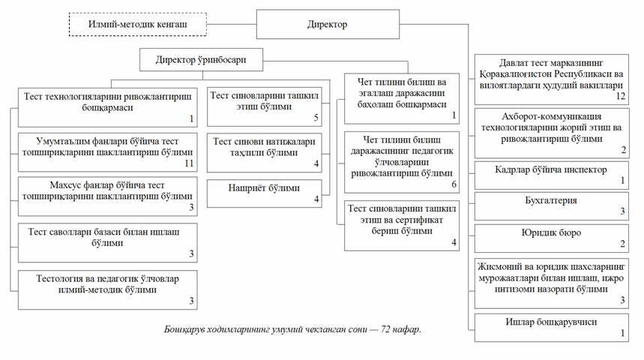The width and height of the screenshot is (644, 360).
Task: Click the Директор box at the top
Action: pos(328,24)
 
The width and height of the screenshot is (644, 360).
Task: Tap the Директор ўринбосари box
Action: pos(200,59)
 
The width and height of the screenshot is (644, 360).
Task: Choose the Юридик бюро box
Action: pos(550,238)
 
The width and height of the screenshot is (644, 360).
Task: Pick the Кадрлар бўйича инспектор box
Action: pos(550,174)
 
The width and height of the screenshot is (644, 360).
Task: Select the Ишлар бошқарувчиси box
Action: pos(550,326)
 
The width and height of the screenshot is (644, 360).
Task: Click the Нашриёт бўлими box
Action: pos(265,193)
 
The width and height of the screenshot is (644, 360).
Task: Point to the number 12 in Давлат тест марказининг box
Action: pos(619,96)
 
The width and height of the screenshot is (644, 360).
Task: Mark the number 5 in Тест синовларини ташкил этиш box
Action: pos(316,118)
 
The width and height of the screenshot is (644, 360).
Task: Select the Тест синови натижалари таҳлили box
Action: pos(265,151)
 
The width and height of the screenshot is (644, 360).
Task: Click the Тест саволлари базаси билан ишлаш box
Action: pos(108,242)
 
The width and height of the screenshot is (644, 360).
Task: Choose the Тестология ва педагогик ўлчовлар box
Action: pos(108,289)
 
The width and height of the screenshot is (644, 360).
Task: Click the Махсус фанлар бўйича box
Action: pos(108,196)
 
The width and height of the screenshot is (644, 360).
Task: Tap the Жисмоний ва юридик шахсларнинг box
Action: pos(550,282)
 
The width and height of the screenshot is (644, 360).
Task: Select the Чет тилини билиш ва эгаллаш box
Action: pos(402,97)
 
